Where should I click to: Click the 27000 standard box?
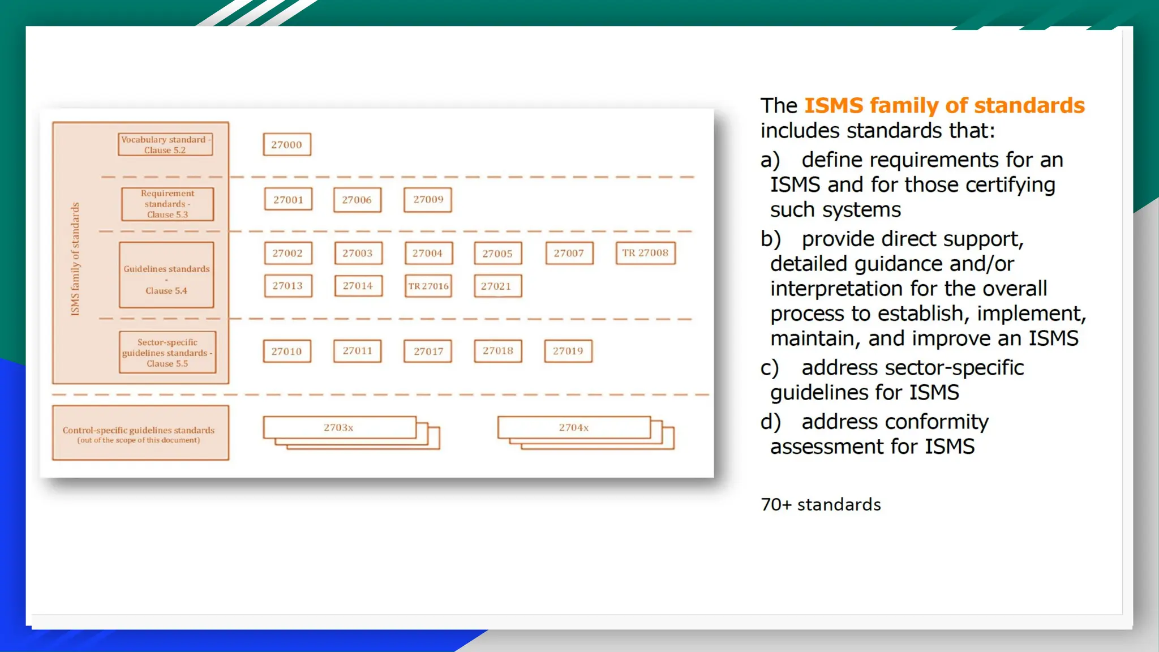[x=287, y=144]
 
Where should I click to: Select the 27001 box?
[x=288, y=200]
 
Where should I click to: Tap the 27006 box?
[x=357, y=200]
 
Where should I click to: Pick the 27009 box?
[x=428, y=200]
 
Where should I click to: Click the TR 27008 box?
[x=645, y=253]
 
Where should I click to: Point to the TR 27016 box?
[x=428, y=286]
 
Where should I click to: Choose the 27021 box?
[x=497, y=286]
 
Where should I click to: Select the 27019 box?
[x=568, y=351]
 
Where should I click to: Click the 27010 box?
[x=287, y=351]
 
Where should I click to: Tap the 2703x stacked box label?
[x=339, y=427]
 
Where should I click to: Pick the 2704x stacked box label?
[x=574, y=427]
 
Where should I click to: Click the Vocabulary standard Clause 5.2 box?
[x=165, y=144]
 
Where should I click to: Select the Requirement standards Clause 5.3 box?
[x=168, y=204]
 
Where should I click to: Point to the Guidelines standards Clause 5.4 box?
[x=166, y=275]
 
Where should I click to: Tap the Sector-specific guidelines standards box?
[x=168, y=352]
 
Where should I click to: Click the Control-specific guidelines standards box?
[x=140, y=433]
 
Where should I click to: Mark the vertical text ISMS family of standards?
[x=75, y=259]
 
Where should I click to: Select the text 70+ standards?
[x=821, y=505]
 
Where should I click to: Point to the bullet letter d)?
[x=770, y=422]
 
